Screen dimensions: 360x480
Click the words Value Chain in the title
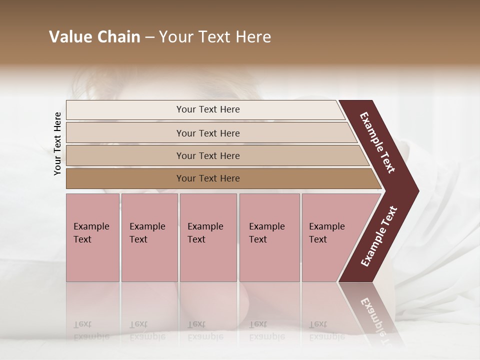tap(94, 37)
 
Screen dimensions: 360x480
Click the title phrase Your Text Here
tap(215, 37)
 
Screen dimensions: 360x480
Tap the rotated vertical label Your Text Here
tap(58, 144)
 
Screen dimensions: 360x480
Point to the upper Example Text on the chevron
tap(377, 142)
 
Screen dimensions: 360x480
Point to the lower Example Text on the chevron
tap(378, 236)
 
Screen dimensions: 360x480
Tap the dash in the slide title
tap(149, 37)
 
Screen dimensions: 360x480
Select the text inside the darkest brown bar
tap(208, 178)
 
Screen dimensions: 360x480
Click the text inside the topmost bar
tap(208, 109)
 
